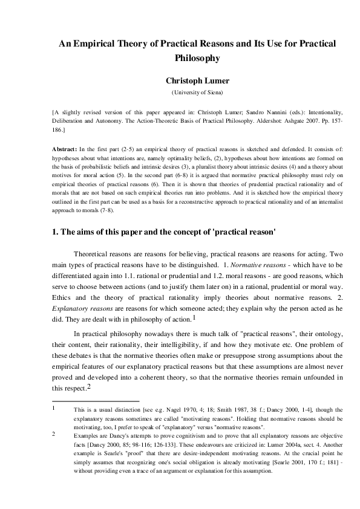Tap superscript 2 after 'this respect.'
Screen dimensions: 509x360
pyautogui.click(x=89, y=387)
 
